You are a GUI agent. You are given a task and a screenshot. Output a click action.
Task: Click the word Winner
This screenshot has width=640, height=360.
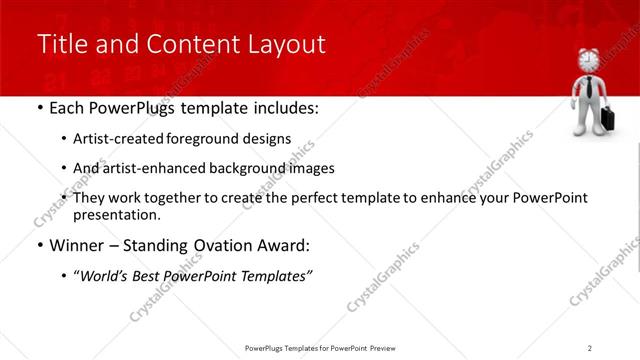[70, 245]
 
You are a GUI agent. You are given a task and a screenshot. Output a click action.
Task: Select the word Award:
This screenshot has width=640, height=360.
[285, 245]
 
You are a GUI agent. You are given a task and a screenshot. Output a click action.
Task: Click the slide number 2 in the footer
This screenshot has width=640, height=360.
[590, 348]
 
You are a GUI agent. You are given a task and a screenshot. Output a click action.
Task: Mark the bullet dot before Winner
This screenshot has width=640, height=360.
[38, 245]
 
